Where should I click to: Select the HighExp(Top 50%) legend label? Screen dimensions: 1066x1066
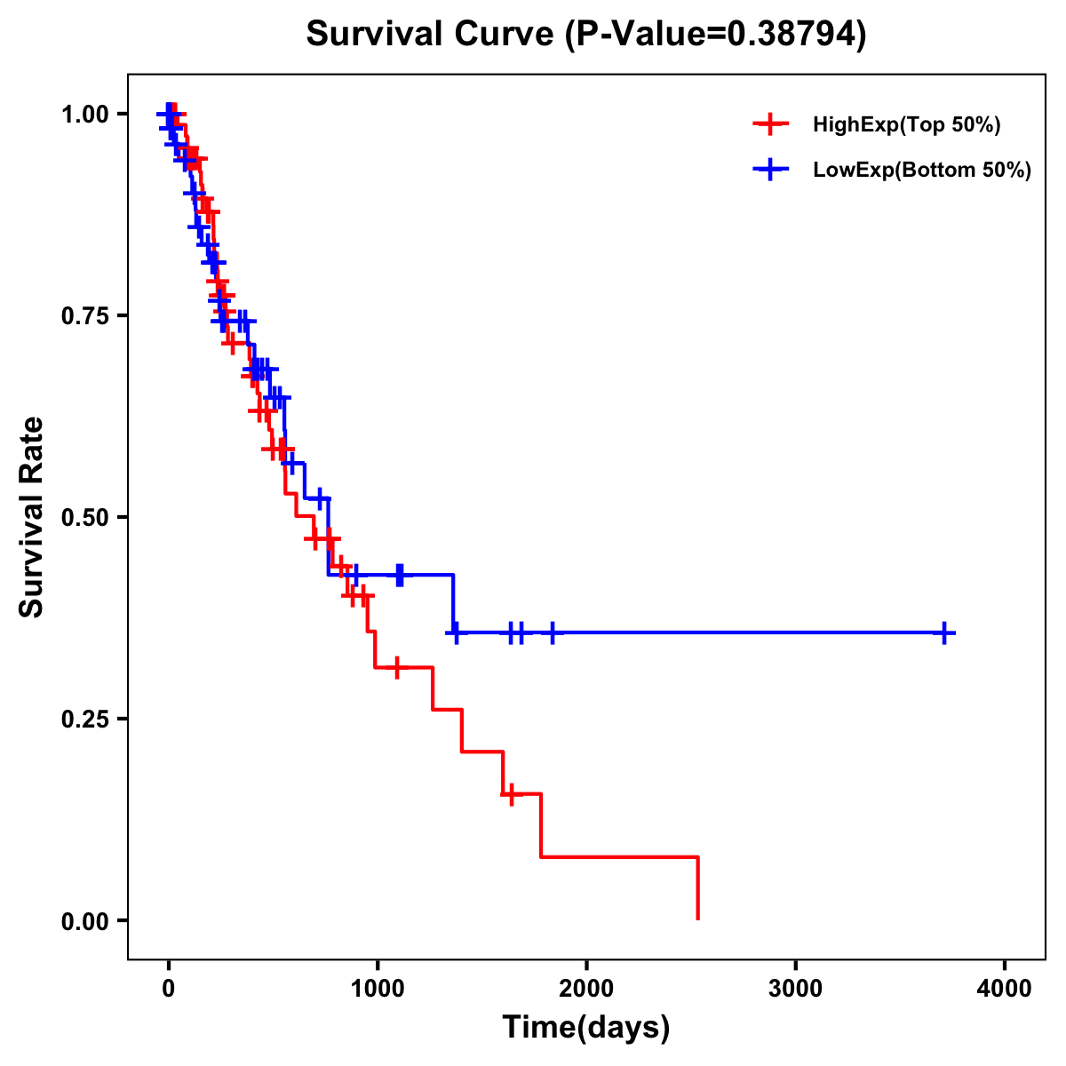906,125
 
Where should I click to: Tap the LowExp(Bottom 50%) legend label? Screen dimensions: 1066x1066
921,171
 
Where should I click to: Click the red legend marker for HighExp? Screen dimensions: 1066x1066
770,125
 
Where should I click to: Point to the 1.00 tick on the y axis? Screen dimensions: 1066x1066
84,115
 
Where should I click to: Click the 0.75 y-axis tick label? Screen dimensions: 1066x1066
84,316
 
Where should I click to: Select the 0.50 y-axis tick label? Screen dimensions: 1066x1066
84,518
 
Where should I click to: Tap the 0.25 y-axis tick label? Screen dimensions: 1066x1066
84,720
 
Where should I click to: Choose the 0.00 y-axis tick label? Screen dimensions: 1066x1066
84,921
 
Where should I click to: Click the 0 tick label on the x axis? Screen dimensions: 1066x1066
168,988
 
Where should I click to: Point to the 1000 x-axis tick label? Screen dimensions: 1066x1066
377,988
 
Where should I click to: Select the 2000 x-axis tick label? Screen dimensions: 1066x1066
586,988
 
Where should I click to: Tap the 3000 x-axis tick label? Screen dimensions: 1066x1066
795,988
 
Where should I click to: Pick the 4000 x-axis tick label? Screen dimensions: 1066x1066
1005,988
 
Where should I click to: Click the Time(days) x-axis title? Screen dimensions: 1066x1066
586,1028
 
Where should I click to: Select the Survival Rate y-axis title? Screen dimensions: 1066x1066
32,517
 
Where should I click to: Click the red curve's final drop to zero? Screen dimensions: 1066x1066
697,888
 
